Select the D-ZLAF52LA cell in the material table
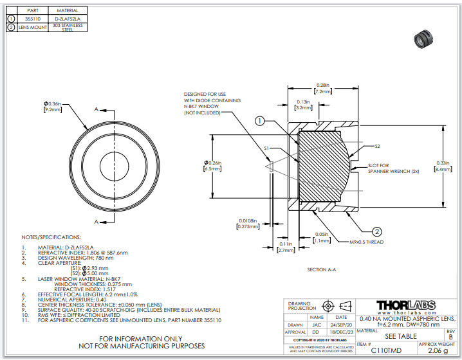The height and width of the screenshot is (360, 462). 67,19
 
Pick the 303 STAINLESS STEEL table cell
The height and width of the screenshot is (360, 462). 67,28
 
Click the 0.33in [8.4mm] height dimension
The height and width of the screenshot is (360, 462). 443,166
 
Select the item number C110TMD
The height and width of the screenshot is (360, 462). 384,351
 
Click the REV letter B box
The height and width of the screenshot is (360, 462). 450,336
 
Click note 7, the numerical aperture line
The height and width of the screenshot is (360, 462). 64,298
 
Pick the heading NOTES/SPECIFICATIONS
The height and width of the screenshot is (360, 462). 51,237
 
